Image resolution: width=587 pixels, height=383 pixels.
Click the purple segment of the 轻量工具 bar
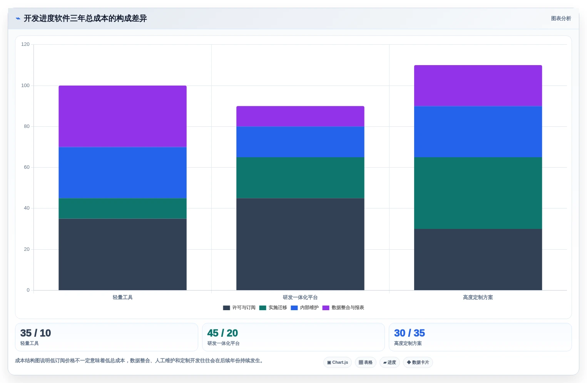[x=122, y=116]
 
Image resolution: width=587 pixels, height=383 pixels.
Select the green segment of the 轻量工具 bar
[x=122, y=208]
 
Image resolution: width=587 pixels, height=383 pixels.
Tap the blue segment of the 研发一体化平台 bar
[x=300, y=142]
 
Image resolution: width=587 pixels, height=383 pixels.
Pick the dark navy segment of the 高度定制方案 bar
[x=478, y=259]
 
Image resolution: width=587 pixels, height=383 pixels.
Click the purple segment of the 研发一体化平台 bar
[x=300, y=116]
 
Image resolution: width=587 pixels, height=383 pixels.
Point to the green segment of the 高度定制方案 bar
[x=478, y=193]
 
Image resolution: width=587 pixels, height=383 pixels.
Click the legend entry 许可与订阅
[x=239, y=307]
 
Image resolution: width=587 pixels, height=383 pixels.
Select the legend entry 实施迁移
[x=273, y=307]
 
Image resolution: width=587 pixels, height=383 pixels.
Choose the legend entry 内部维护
[x=305, y=307]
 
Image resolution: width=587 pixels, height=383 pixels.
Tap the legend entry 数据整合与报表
[x=343, y=307]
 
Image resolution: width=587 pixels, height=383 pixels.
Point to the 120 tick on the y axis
[x=25, y=44]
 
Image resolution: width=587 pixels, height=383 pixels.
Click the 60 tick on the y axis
[x=27, y=167]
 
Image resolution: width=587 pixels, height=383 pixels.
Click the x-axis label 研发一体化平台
[x=300, y=297]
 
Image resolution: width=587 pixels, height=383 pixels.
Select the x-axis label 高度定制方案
[x=478, y=297]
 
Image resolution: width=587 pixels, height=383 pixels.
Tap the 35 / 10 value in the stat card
[x=36, y=333]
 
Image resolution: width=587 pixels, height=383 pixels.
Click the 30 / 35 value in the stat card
[x=410, y=333]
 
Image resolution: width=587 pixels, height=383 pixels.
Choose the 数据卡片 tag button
[x=418, y=362]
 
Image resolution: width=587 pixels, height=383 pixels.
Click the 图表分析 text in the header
[x=561, y=18]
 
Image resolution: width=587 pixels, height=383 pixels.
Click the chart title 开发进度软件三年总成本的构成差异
[x=85, y=18]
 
